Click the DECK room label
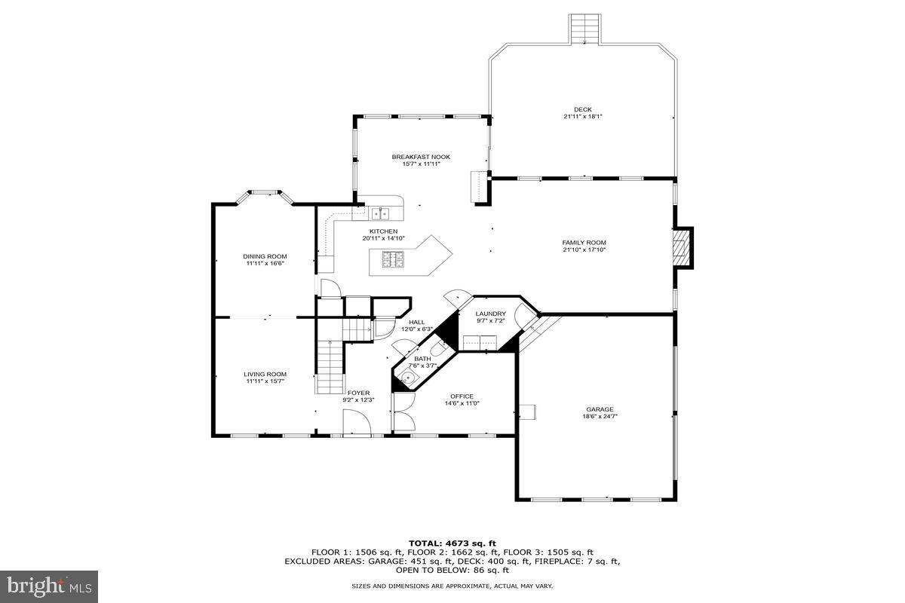(x=582, y=109)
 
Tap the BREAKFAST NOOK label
(x=421, y=157)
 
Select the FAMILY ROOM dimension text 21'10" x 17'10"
(x=584, y=249)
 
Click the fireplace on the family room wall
(x=683, y=247)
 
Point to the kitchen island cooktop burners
(x=393, y=259)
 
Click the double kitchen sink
(x=380, y=213)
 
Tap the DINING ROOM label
(x=265, y=256)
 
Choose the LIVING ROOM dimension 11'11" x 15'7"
(x=265, y=381)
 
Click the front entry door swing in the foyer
(x=357, y=422)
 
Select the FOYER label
(x=358, y=393)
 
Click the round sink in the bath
(x=408, y=379)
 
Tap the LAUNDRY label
(x=490, y=314)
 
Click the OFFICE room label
(x=462, y=396)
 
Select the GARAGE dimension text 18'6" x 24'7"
(x=600, y=416)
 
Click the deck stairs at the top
(x=584, y=29)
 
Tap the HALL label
(x=416, y=323)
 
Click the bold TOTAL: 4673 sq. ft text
(x=452, y=543)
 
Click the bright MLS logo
(x=49, y=587)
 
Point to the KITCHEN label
(x=383, y=231)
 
